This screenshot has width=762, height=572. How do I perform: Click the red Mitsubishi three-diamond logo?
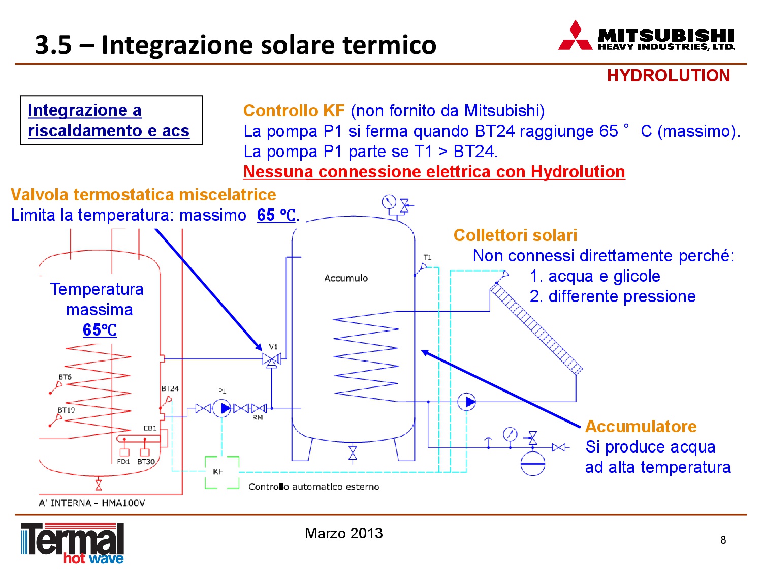pos(575,36)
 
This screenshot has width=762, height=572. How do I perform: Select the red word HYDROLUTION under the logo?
pos(668,75)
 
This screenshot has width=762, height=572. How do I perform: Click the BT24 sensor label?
pos(170,388)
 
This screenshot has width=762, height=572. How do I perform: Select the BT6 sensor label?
pos(65,377)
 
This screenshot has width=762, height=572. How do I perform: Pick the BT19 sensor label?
pos(66,410)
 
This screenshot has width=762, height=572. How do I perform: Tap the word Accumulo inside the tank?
pos(346,278)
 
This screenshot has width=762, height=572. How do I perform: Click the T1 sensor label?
pos(427,257)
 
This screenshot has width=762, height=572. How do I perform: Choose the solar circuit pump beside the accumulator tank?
pos(466,402)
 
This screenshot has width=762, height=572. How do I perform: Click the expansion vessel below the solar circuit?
pos(532,463)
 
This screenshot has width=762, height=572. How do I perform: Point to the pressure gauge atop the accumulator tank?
pos(389,202)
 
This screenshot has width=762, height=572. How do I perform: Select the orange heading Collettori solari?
pos(515,235)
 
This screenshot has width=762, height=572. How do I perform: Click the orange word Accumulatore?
pos(641,426)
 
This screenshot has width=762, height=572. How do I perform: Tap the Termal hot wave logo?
pos(73,543)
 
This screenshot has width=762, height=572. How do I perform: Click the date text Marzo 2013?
pos(344,533)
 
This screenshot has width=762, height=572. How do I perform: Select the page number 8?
pos(723,539)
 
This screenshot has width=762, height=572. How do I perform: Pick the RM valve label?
pos(258,417)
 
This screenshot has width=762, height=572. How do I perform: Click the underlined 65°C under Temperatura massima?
pos(100,329)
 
